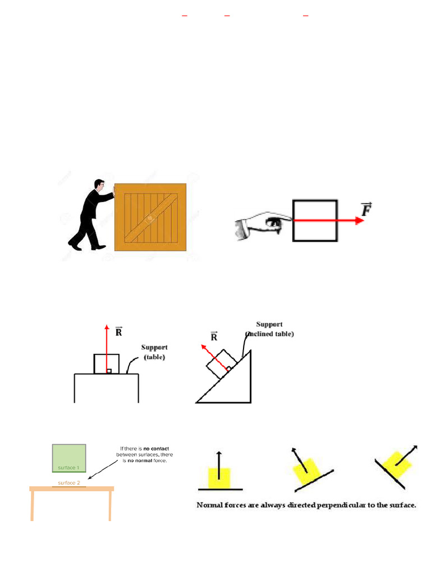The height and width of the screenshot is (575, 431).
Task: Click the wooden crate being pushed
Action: [x=150, y=217]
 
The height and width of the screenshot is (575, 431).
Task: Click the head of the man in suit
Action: [x=99, y=185]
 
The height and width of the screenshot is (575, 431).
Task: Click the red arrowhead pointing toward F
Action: [x=359, y=221]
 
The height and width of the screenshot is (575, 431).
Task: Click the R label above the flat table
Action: [x=118, y=331]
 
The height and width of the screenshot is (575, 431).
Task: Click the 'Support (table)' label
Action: [x=154, y=352]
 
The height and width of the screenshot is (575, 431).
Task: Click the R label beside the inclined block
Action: [x=214, y=337]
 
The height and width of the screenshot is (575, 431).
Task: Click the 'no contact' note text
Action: [x=145, y=454]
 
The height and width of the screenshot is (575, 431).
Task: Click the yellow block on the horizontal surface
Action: [x=219, y=477]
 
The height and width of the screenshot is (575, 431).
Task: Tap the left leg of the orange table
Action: [x=32, y=505]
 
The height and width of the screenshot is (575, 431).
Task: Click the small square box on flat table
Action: [x=106, y=364]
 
